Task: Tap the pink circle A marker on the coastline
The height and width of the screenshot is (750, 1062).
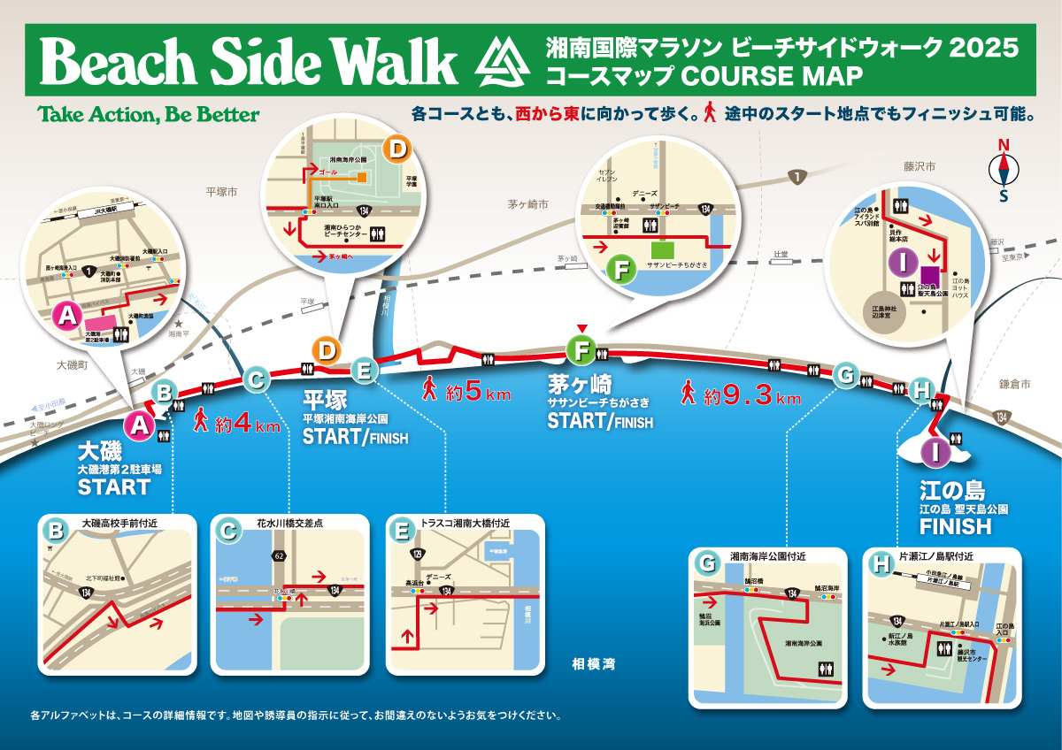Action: (139, 426)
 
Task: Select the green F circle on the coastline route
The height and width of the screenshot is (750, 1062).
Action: (581, 351)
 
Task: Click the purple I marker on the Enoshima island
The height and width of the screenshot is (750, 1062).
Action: (935, 451)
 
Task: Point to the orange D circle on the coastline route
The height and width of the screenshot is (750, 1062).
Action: (327, 351)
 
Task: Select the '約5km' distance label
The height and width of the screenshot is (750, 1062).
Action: (466, 391)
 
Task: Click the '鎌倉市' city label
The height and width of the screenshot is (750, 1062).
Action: (1015, 385)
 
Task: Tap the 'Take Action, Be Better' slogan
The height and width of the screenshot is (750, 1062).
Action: (149, 115)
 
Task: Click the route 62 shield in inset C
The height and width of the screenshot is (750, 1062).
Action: (280, 556)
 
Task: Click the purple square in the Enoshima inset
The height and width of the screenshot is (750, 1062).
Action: (929, 279)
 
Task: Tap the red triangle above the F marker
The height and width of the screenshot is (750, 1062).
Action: (581, 331)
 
